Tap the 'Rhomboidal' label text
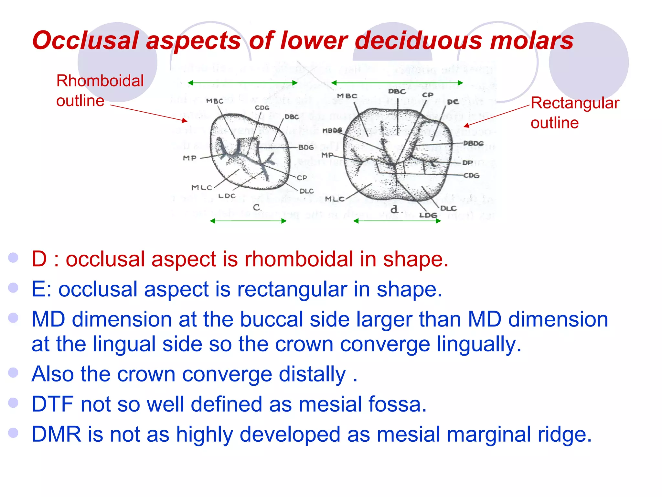coord(100,81)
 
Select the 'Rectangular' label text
coord(575,103)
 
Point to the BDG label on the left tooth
coord(306,148)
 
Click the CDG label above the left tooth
coord(262,108)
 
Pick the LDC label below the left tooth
coord(227,196)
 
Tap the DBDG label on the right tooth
coord(473,143)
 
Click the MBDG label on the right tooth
coord(332,131)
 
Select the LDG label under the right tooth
coord(428,215)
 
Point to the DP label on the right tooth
coord(467,163)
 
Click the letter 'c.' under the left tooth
coord(257,207)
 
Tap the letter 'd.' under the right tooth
coord(394,210)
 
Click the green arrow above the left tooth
coord(242,83)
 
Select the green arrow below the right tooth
coord(397,221)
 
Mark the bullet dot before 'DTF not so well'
coord(13,403)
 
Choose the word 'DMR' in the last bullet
coord(56,434)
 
